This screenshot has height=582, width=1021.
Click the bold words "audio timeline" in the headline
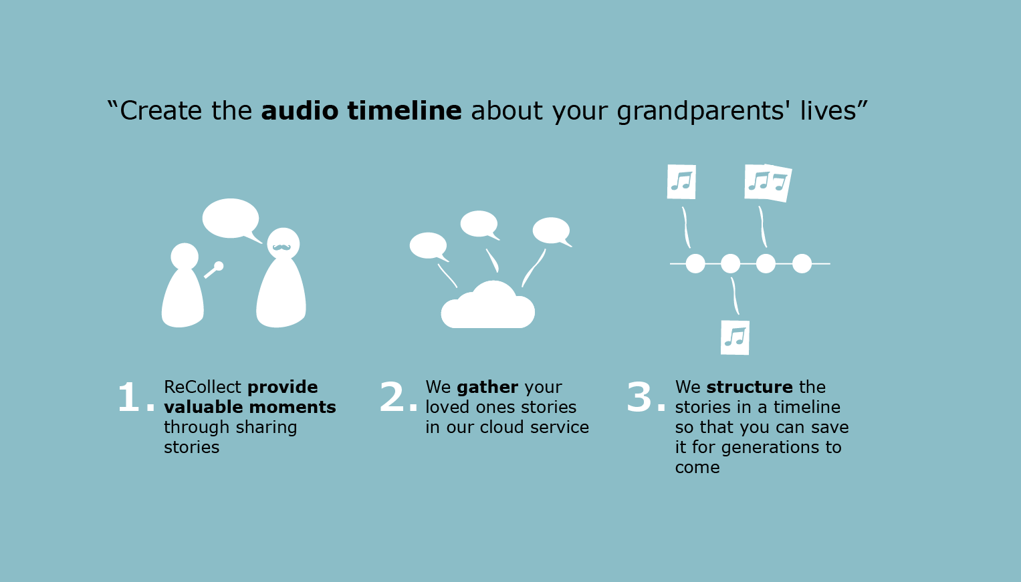point(362,111)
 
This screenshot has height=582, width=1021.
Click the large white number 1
point(130,397)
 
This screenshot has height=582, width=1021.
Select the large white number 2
point(392,397)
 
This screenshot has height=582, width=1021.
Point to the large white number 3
point(640,397)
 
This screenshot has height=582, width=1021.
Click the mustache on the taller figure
point(281,247)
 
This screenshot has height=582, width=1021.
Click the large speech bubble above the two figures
point(231,219)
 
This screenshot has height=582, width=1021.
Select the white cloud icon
point(487,305)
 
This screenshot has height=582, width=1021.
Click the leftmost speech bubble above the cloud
point(429,247)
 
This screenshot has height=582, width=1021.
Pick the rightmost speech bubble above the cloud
point(552,231)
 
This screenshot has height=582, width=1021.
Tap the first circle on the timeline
point(695,263)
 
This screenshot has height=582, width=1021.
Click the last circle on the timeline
point(802,263)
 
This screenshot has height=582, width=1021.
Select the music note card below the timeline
point(735,337)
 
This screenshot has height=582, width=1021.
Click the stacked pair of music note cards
point(768,182)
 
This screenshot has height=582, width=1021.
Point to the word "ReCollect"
point(203,387)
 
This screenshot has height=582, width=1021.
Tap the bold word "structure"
point(750,387)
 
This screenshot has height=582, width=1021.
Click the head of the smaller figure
point(185,257)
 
